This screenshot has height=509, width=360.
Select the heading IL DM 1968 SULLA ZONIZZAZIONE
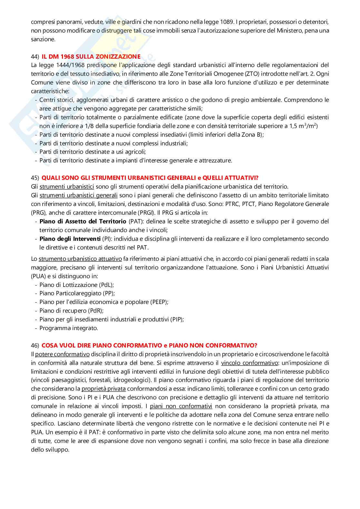[91, 57]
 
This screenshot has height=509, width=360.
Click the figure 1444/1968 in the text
[70, 65]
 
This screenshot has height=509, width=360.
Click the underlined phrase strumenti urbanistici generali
[78, 195]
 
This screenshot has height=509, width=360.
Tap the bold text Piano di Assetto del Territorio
[83, 221]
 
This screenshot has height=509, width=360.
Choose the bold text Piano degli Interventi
[70, 239]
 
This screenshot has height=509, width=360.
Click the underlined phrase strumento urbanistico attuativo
[80, 259]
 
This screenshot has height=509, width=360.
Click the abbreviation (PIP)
[176, 319]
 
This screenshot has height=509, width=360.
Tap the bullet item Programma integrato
[68, 328]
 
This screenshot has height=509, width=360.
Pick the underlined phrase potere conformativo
[62, 354]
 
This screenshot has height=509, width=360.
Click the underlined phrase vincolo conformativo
[249, 363]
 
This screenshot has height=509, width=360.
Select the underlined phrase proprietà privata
[104, 389]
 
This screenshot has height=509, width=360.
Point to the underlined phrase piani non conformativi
[181, 406]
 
